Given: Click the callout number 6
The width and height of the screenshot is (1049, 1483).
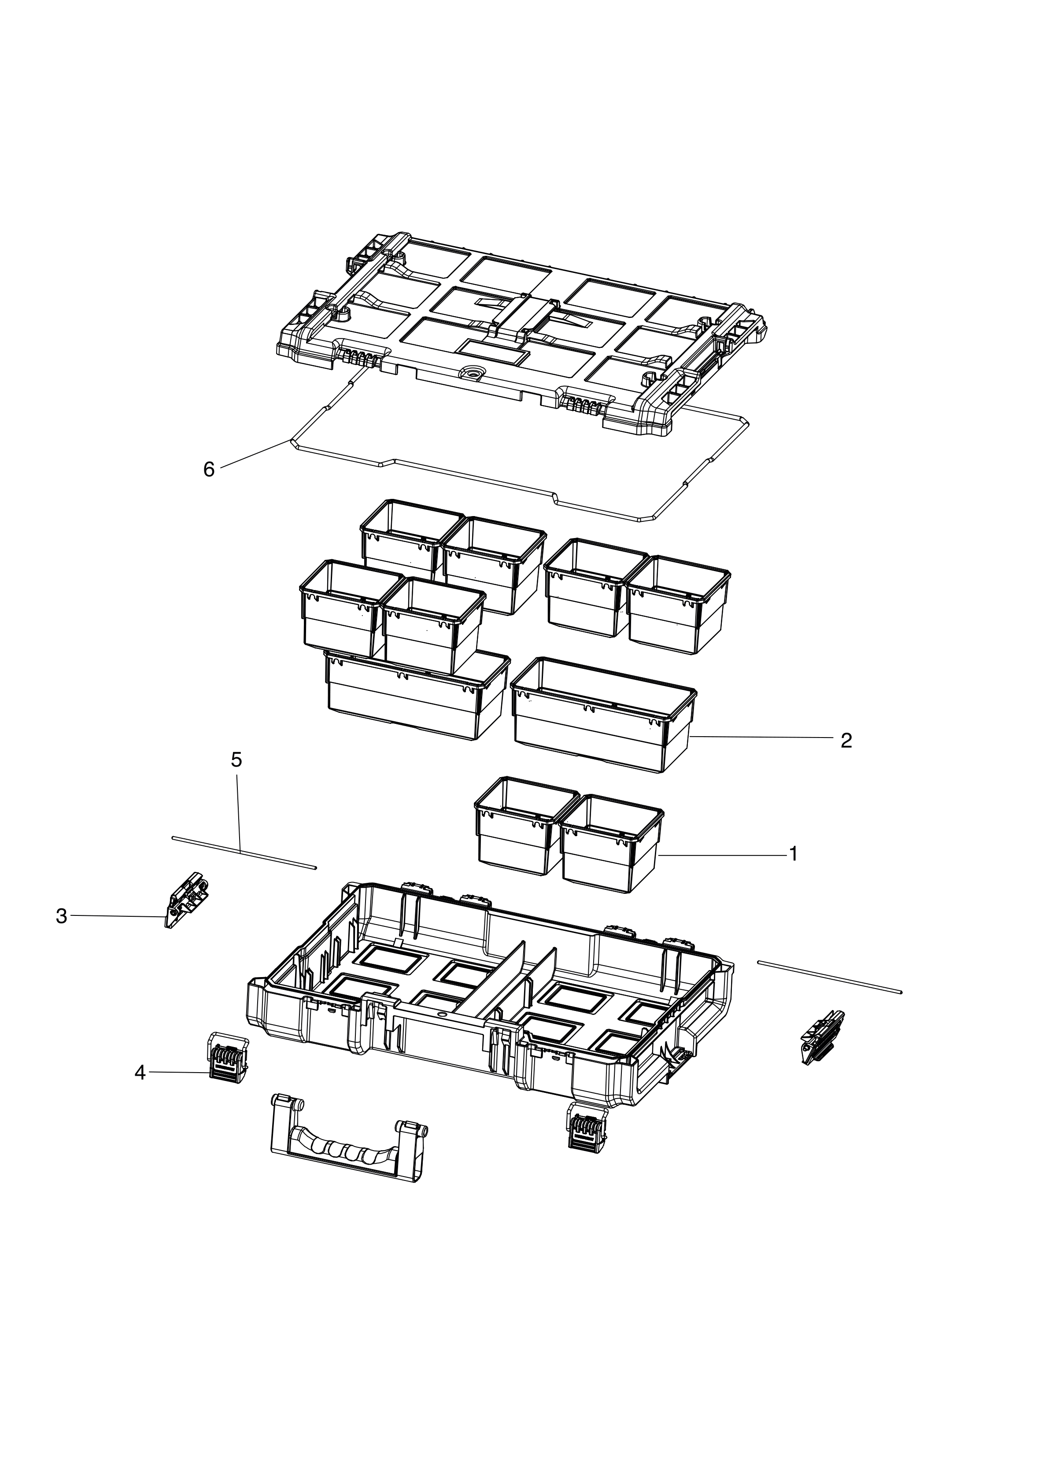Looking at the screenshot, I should [209, 470].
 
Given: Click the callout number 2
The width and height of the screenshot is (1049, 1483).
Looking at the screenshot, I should [846, 741].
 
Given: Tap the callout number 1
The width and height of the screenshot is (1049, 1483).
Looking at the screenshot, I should [793, 855].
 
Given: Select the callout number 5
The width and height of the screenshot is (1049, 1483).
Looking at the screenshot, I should [236, 760].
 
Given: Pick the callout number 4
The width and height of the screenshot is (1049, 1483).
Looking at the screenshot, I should [140, 1073].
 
